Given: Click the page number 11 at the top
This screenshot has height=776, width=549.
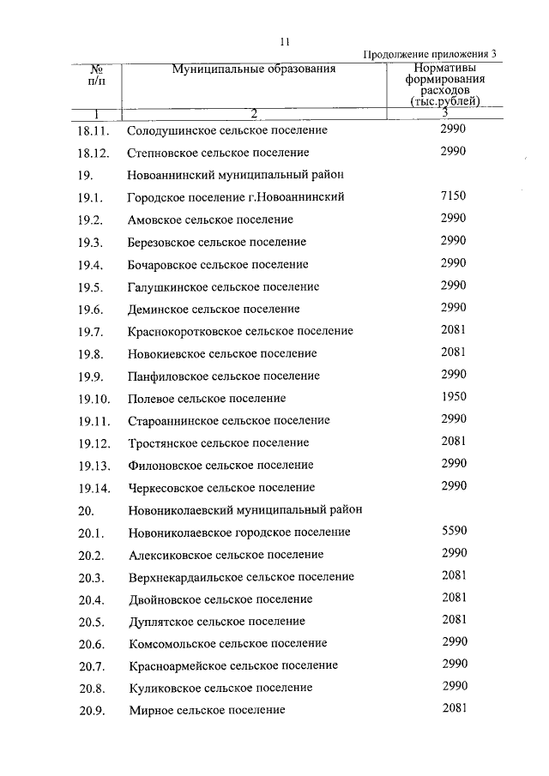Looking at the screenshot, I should pyautogui.click(x=286, y=39).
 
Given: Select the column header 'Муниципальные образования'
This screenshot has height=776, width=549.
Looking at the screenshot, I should pyautogui.click(x=252, y=69).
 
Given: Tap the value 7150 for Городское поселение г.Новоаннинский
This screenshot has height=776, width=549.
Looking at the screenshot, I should pyautogui.click(x=452, y=196).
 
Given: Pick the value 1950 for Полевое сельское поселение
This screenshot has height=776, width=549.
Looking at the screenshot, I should pyautogui.click(x=452, y=397).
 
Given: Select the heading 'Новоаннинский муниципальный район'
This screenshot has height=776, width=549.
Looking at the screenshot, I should pyautogui.click(x=236, y=175).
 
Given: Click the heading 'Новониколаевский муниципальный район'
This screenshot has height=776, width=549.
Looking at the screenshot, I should pyautogui.click(x=244, y=509).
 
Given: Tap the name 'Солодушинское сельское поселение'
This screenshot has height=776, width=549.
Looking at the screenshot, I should pyautogui.click(x=227, y=130).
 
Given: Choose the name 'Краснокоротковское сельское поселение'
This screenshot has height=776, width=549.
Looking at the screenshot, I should pyautogui.click(x=240, y=331).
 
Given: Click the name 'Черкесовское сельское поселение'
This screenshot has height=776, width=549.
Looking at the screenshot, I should pyautogui.click(x=220, y=488).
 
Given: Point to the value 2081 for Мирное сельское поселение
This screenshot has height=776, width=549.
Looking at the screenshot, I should pyautogui.click(x=454, y=708).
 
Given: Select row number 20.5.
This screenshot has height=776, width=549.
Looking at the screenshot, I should pyautogui.click(x=91, y=622).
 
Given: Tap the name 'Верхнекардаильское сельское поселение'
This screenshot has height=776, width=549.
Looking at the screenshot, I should pyautogui.click(x=241, y=577).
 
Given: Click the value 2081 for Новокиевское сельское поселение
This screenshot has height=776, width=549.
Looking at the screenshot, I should pyautogui.click(x=452, y=352).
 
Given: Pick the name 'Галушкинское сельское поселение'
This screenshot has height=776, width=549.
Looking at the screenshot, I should pyautogui.click(x=223, y=286).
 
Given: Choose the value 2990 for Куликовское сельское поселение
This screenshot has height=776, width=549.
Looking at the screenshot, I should pyautogui.click(x=454, y=686).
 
